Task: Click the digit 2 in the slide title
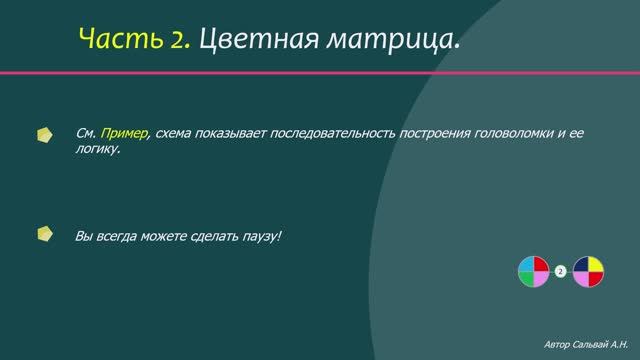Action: coord(181,40)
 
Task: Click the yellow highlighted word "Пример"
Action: coord(125,133)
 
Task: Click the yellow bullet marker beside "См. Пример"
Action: coord(44,134)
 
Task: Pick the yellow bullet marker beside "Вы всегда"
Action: coord(44,236)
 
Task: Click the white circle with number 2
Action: coord(560,271)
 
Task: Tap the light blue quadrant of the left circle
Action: coord(526,264)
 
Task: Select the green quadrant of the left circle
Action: coord(526,278)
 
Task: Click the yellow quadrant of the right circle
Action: coord(596,264)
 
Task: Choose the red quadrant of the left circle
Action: coord(540,264)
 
